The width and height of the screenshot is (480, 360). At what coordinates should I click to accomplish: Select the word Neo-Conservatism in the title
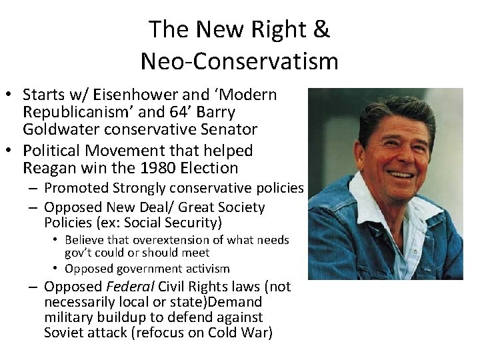point(239,61)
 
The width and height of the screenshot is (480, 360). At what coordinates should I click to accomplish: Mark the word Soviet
point(65,333)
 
